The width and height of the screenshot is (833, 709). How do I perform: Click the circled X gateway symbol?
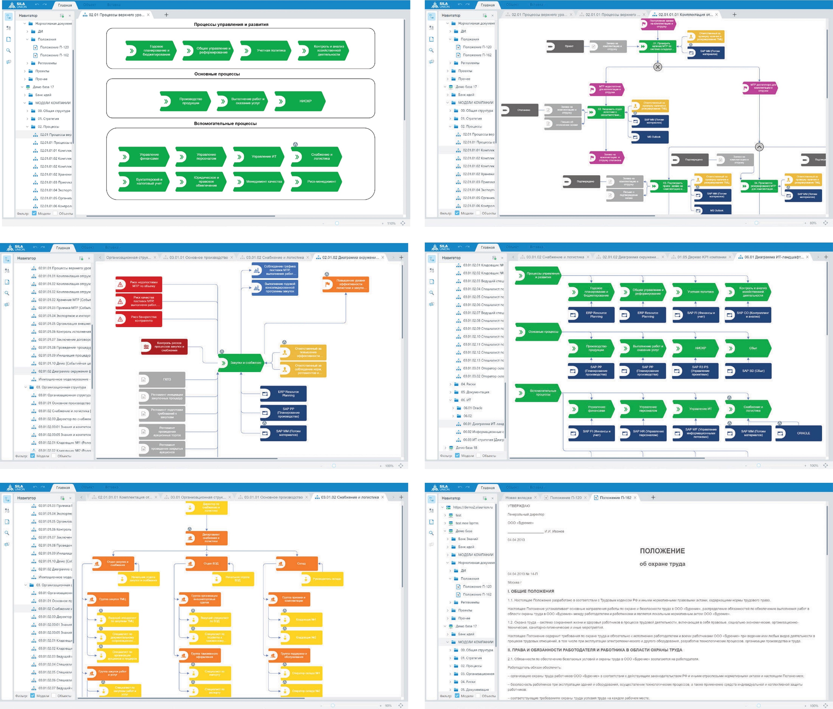(x=657, y=67)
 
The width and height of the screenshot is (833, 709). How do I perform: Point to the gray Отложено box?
(x=520, y=110)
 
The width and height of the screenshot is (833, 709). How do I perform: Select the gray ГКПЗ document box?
(x=162, y=379)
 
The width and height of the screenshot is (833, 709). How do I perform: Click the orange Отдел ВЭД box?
(x=207, y=563)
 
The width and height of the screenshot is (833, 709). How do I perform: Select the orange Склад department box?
(x=297, y=563)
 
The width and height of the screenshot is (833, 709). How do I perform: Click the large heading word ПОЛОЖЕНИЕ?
(x=662, y=551)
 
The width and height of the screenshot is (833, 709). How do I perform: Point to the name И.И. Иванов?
(x=554, y=531)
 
